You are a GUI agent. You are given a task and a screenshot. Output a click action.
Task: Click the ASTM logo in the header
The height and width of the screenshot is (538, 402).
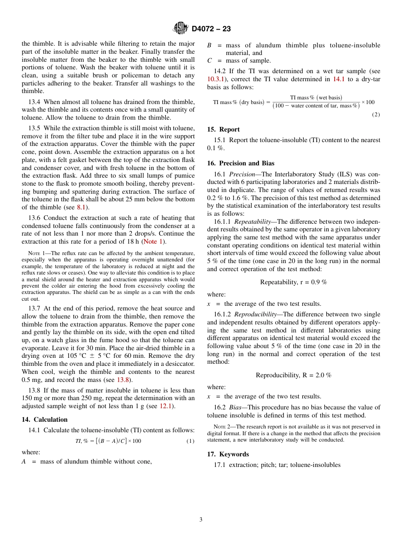coord(181,28)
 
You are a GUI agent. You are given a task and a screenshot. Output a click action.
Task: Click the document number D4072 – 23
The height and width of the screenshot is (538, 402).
coord(211,29)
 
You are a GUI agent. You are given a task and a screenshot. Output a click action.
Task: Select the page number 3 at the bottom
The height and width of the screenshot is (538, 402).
coord(201,519)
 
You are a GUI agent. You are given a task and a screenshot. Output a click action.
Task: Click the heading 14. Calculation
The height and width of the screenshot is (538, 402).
coord(44,420)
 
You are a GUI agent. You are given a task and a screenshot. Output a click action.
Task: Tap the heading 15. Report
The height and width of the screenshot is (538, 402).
coord(223,129)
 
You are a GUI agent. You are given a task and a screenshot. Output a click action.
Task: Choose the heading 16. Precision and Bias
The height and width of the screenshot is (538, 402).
coord(241,163)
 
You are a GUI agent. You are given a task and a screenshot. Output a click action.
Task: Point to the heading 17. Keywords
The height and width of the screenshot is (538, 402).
coord(228,454)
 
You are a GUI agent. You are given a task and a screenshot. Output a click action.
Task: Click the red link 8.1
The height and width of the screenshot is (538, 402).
coord(82,207)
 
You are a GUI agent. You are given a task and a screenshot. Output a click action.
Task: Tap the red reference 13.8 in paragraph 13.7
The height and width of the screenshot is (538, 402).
coord(123,380)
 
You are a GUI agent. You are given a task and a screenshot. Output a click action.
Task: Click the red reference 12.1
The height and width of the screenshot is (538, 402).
coord(165,406)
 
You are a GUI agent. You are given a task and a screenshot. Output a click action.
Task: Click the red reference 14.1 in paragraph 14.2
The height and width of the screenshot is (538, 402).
coord(339,79)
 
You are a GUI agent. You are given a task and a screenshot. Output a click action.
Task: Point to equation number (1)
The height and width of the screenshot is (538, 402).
coord(190,441)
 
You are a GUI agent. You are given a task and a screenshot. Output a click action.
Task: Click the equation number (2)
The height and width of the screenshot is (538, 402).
coord(376,115)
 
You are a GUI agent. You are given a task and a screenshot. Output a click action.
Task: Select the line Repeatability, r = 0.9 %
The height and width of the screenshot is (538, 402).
coord(294,282)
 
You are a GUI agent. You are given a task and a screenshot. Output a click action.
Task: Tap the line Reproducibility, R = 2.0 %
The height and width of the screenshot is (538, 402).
coord(294,375)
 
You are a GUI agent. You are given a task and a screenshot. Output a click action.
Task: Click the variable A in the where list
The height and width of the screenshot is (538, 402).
coord(24,461)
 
